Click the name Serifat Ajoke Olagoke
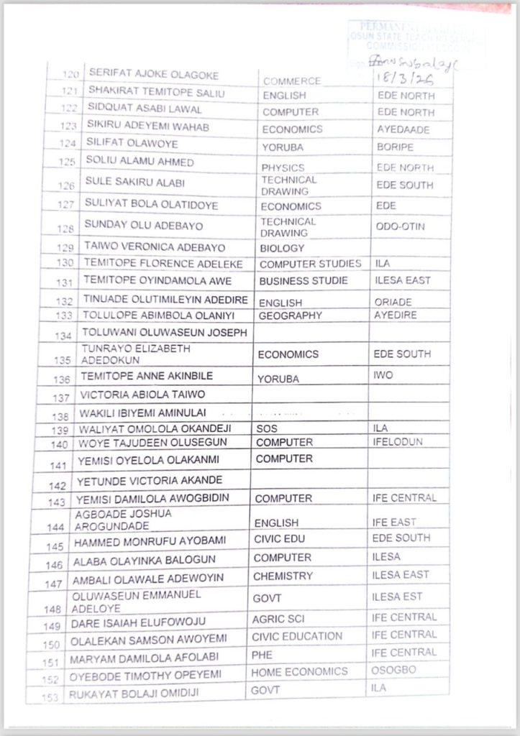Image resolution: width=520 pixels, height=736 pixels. point(152,75)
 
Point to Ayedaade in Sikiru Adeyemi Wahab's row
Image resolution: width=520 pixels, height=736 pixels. point(403,129)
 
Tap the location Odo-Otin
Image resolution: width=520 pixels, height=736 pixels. point(401,226)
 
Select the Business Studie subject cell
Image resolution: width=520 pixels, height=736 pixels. point(304,280)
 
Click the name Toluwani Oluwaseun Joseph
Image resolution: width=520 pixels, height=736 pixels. point(165,332)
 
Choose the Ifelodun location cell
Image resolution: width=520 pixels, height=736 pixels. point(397,442)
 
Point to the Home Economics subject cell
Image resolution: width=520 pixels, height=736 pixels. point(298,671)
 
